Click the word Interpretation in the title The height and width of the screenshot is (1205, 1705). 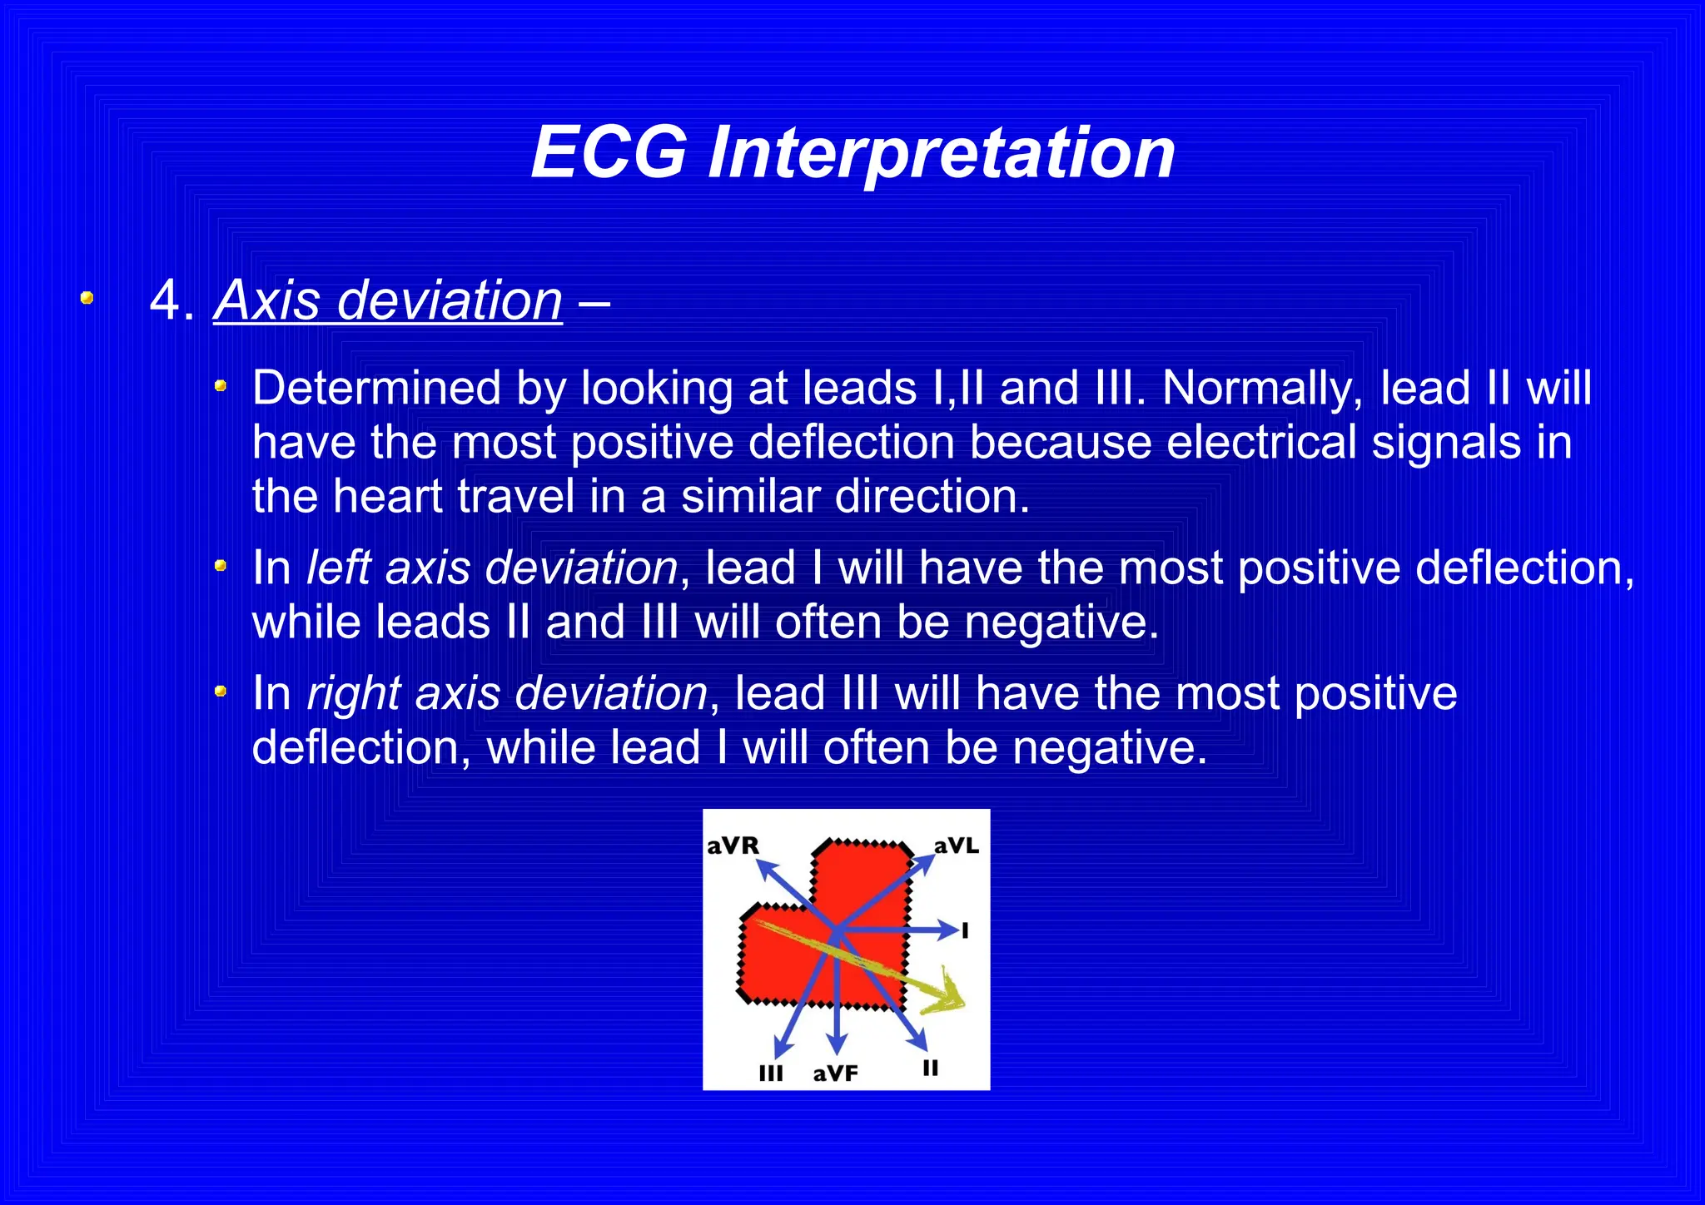pyautogui.click(x=941, y=155)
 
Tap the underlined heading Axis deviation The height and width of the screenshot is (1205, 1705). pyautogui.click(x=388, y=300)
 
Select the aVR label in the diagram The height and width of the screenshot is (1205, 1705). pyautogui.click(x=733, y=846)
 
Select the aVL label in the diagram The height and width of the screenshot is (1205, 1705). pyautogui.click(x=956, y=846)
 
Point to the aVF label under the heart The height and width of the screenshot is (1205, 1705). pyautogui.click(x=835, y=1074)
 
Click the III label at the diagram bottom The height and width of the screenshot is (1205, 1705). pyautogui.click(x=771, y=1074)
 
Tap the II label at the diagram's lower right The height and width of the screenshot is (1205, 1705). pyautogui.click(x=931, y=1068)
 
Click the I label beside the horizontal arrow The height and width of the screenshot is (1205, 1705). pyautogui.click(x=966, y=930)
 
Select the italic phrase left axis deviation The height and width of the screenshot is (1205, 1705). pyautogui.click(x=492, y=568)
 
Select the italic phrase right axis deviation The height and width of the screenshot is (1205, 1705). pyautogui.click(x=507, y=694)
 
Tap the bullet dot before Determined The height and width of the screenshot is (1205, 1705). pyautogui.click(x=221, y=385)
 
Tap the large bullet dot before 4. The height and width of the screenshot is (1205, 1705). pyautogui.click(x=87, y=298)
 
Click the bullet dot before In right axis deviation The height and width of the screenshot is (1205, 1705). pyautogui.click(x=221, y=691)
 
